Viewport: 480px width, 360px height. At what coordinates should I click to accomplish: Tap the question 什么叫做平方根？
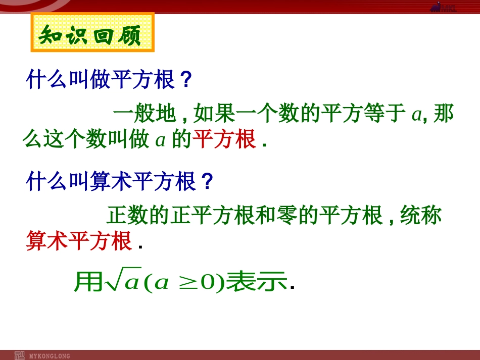(x=109, y=80)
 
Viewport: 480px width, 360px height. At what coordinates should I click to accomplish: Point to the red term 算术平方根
(x=79, y=241)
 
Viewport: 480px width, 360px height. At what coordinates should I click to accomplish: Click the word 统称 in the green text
(x=420, y=216)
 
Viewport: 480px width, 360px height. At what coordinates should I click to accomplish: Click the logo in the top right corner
(x=443, y=6)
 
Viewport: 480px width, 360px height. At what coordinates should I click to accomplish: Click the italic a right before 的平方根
(x=160, y=140)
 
